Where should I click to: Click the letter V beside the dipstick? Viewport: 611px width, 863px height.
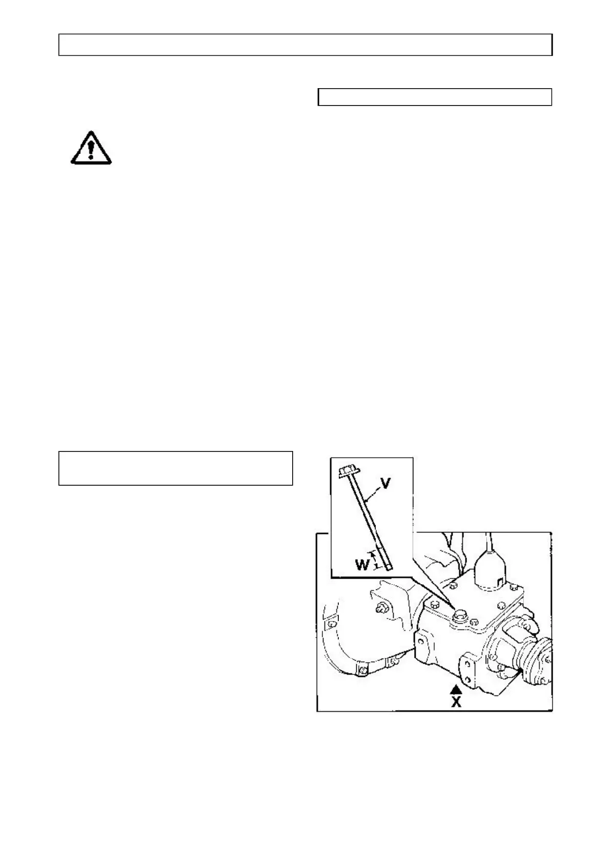click(386, 483)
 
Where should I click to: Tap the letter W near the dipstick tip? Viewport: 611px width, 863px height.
click(362, 565)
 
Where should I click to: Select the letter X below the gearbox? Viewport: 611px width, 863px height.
click(456, 702)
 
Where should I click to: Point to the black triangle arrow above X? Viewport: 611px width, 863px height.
click(456, 689)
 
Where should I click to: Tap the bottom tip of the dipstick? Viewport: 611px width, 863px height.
click(389, 567)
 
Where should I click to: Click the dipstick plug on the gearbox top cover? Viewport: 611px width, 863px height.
click(459, 615)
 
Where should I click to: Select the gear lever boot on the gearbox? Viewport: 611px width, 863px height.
click(491, 569)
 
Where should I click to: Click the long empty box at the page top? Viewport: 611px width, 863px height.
click(305, 45)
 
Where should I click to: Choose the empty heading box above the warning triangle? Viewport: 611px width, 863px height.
click(435, 97)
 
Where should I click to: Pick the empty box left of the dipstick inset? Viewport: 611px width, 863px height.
click(175, 468)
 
